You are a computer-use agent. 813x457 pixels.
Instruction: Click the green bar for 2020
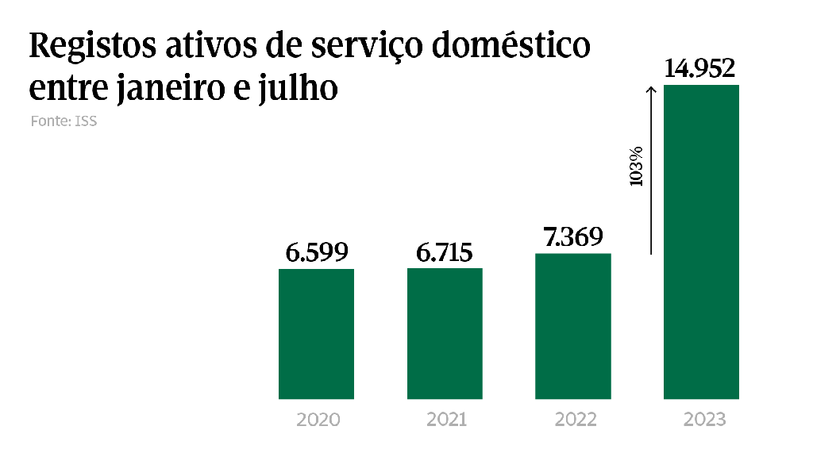tap(316, 333)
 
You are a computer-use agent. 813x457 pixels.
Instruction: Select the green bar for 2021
tap(445, 333)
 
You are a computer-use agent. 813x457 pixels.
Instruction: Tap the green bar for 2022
tap(573, 325)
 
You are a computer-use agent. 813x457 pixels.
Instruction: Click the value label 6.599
tap(317, 253)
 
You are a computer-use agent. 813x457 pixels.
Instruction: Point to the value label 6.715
tap(445, 253)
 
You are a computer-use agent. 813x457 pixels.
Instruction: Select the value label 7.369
tap(572, 237)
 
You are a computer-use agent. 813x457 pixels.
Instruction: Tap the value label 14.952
tap(701, 69)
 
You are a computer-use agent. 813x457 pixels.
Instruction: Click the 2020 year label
tap(318, 420)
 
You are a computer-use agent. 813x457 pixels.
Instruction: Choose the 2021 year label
tap(446, 420)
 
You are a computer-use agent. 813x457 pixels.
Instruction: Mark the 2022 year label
tap(575, 420)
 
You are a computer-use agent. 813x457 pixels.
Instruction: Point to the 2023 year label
tap(703, 420)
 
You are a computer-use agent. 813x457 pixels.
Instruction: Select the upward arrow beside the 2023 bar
tap(650, 170)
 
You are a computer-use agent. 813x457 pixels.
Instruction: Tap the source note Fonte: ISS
tap(64, 122)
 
